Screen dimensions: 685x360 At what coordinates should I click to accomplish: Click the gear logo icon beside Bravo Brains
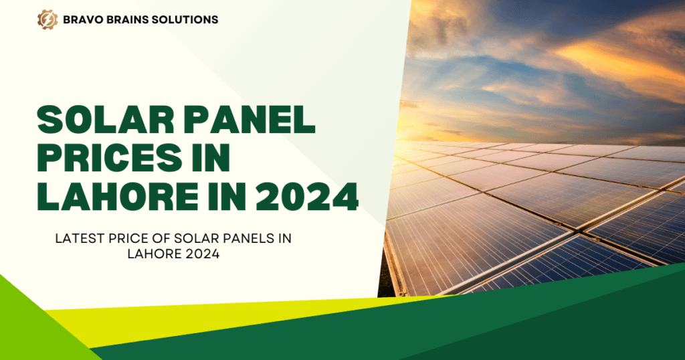click(x=47, y=19)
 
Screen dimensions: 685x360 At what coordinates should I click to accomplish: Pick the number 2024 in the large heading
click(x=307, y=197)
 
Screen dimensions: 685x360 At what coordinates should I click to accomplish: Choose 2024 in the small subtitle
click(x=202, y=254)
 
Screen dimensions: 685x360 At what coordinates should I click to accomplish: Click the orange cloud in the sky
click(x=620, y=61)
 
